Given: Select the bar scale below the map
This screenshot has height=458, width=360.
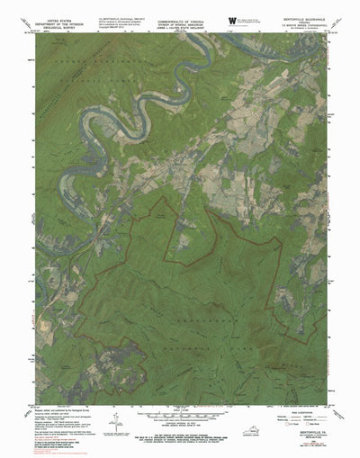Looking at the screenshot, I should click(x=179, y=418).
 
